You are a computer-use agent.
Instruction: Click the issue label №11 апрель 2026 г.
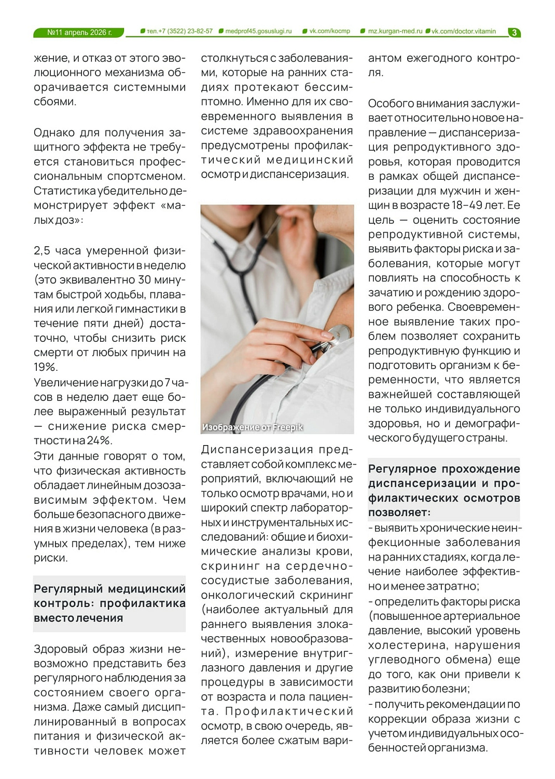coord(79,32)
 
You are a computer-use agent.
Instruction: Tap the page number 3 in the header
coord(514,32)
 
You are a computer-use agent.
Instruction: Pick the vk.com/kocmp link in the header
coord(329,31)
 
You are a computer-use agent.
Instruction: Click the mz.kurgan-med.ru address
coord(395,31)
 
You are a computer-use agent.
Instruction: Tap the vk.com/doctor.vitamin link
coord(463,31)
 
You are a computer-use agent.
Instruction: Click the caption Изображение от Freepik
coord(252,427)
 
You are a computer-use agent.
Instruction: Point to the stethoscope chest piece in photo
coord(338,334)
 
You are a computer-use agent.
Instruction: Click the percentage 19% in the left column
coord(45,367)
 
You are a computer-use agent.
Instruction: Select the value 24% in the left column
coord(99,441)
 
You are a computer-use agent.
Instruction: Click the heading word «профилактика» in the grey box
coord(143,603)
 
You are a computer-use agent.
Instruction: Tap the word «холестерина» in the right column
coord(400,646)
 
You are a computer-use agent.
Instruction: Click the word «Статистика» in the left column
coord(64,191)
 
